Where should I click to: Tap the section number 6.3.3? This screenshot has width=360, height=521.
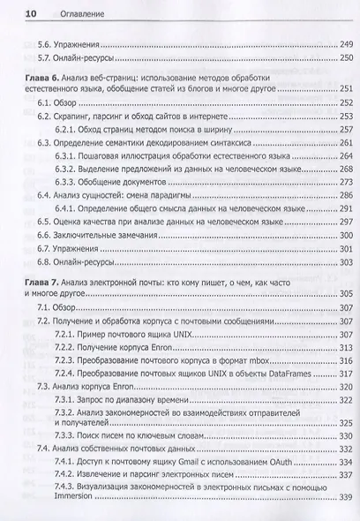pyautogui.click(x=65, y=193)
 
